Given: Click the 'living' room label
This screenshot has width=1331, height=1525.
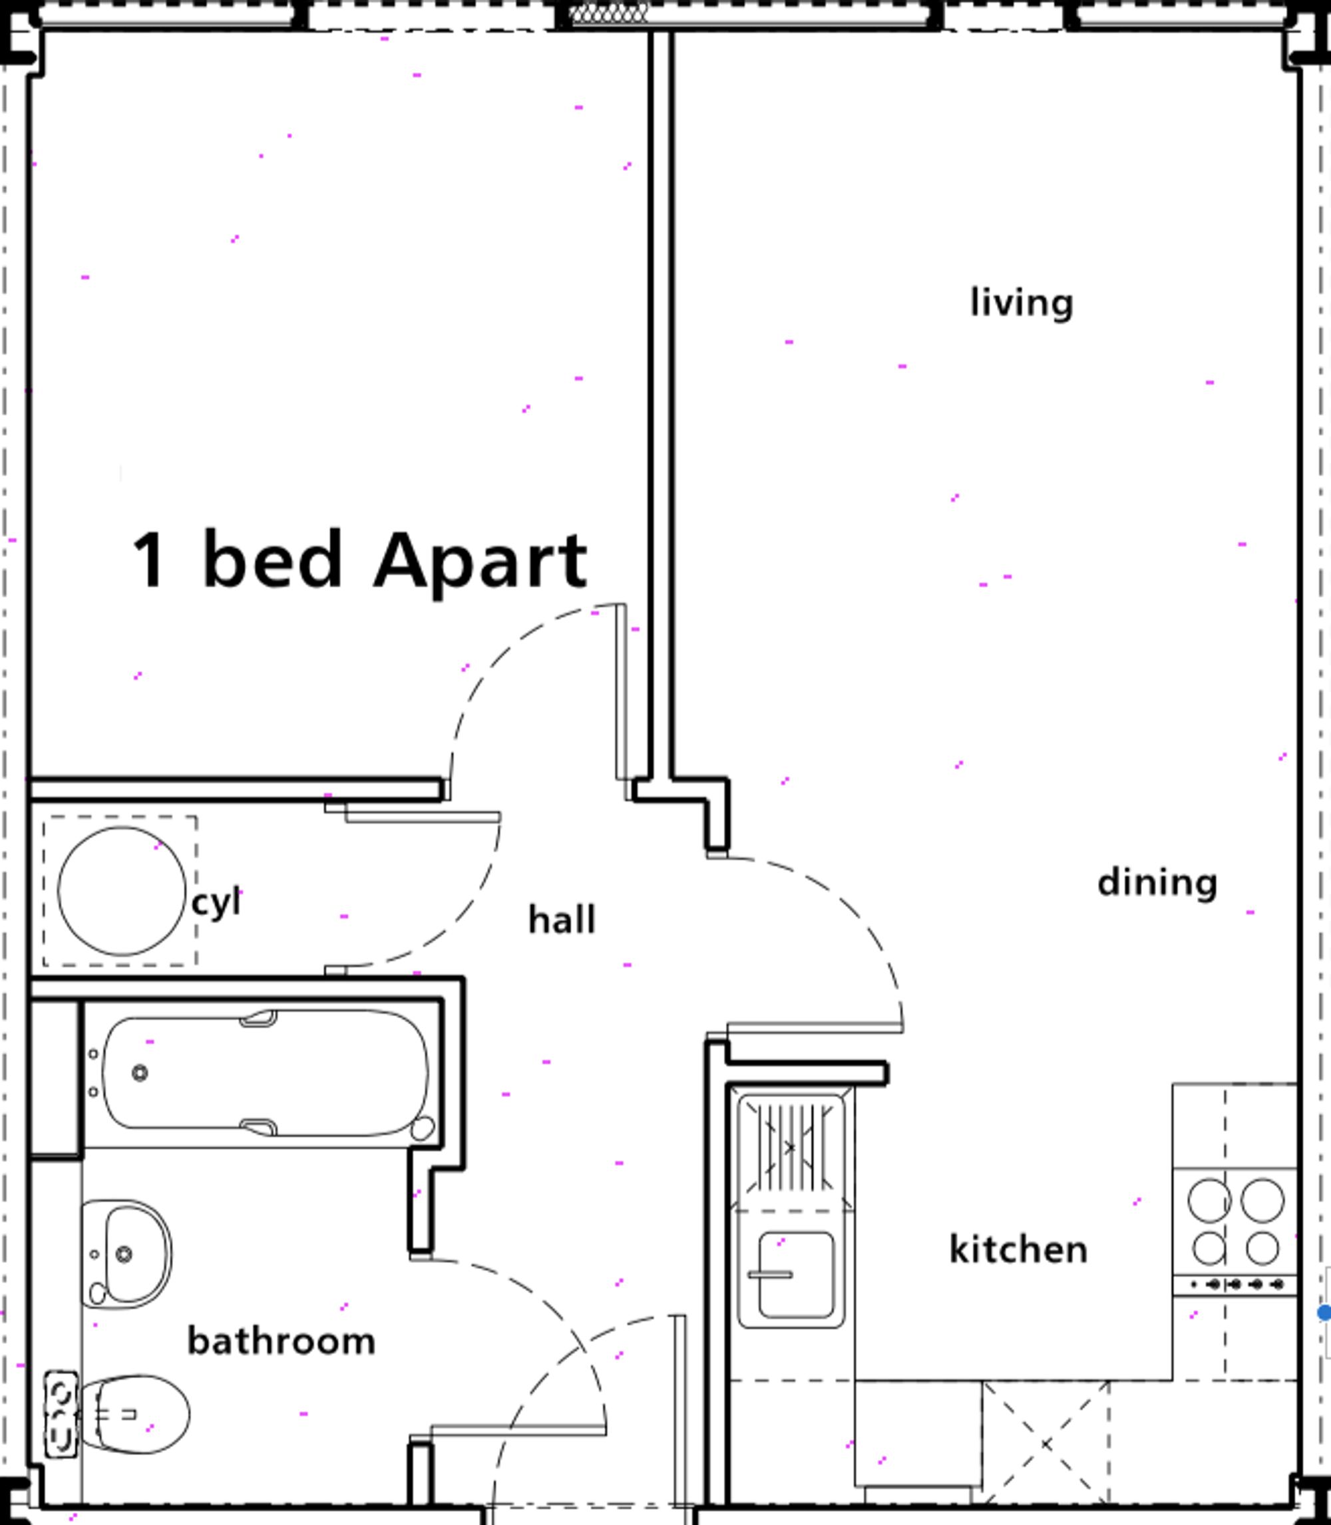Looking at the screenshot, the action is coord(1022,303).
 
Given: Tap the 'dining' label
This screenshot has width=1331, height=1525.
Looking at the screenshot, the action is coord(1157,884).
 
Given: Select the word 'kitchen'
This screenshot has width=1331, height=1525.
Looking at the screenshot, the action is coord(1018,1250).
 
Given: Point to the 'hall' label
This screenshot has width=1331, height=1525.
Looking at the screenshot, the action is coord(562,920).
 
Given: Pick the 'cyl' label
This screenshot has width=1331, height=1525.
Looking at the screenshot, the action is coord(216,904).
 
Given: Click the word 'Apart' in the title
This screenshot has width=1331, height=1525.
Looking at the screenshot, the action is coord(480,564).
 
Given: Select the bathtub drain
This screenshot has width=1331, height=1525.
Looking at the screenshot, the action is coord(140,1073).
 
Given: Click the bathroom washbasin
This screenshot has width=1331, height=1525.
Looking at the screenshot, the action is coord(127,1255).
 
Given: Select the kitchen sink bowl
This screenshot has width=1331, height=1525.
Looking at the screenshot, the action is coord(795,1275).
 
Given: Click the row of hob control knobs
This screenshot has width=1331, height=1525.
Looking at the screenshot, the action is coord(1235,1284).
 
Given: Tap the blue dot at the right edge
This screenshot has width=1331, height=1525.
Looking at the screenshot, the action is coord(1324,1313).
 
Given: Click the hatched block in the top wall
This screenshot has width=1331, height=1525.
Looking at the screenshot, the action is coord(609,12).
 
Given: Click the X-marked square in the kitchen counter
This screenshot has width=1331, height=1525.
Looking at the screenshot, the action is coord(1046,1444).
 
